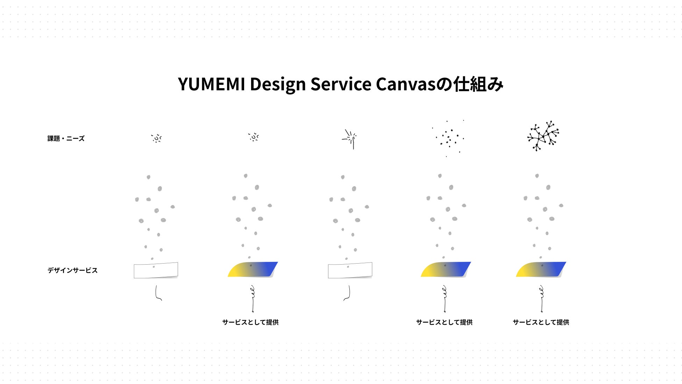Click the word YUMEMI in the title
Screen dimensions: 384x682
[x=211, y=84]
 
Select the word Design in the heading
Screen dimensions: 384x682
[x=278, y=84]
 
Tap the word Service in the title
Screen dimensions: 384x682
[x=341, y=84]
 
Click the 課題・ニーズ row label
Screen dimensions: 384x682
[x=66, y=139]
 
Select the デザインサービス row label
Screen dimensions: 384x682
[x=72, y=270]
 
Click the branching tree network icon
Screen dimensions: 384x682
[x=543, y=136]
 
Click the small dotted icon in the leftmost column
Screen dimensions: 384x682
[x=156, y=138]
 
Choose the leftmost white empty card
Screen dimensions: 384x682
[x=156, y=270]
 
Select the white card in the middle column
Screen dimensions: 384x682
[x=350, y=270]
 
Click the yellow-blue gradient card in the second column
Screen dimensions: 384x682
[x=253, y=270]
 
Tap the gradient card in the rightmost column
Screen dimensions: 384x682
[x=541, y=270]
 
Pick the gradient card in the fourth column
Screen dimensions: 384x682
[x=446, y=270]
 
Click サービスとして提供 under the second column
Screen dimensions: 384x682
[x=250, y=322]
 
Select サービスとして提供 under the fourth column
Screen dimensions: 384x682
[x=444, y=322]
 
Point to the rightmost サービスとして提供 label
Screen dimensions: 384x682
[x=541, y=322]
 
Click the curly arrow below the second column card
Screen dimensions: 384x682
[x=253, y=299]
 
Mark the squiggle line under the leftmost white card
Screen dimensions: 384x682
[x=158, y=293]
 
